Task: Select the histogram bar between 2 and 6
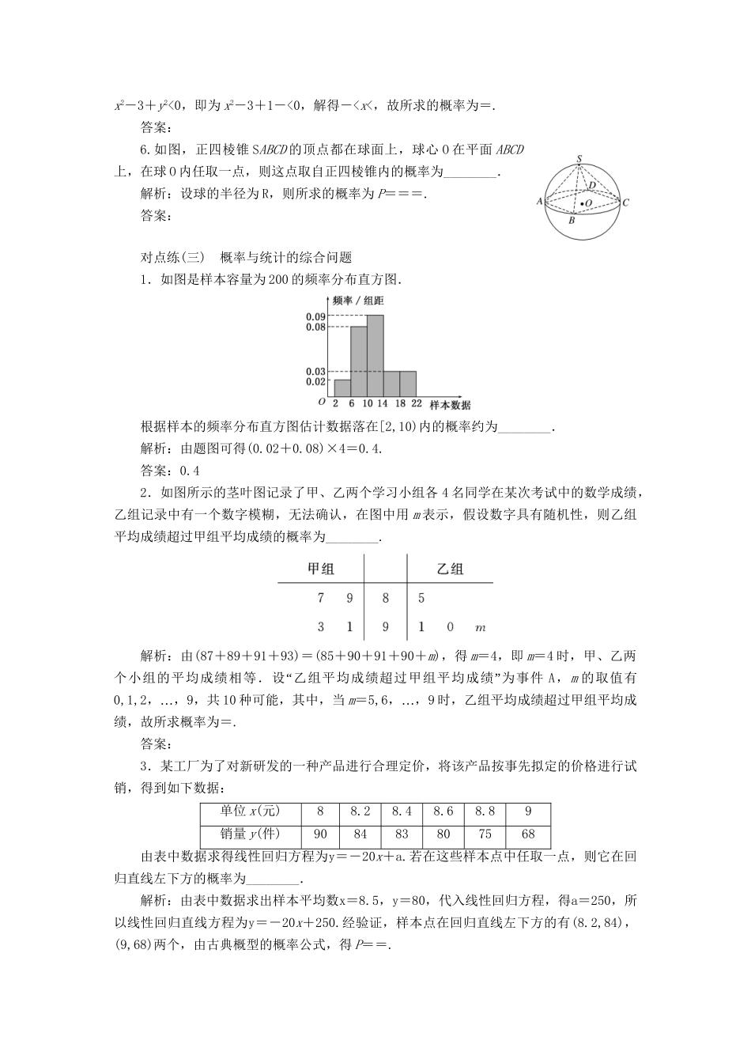click(342, 388)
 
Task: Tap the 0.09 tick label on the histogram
click(316, 316)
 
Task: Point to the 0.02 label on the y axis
click(316, 381)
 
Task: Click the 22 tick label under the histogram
click(416, 402)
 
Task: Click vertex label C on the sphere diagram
click(625, 202)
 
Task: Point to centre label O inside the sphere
click(589, 204)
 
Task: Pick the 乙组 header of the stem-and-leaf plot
click(450, 569)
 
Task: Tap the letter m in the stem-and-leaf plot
click(480, 628)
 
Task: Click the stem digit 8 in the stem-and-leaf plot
click(386, 599)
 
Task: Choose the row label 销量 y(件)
click(251, 834)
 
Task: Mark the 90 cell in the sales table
click(321, 834)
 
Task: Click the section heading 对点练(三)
click(172, 257)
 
